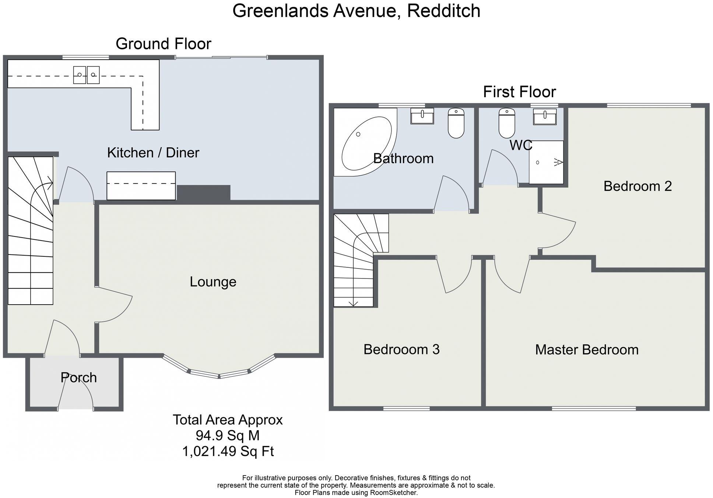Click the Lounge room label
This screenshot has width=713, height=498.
point(213,282)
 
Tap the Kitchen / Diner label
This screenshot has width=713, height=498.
point(153,152)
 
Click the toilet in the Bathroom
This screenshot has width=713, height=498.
point(456,123)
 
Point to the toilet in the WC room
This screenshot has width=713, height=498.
point(507,123)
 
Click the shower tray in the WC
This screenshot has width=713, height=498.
point(546,162)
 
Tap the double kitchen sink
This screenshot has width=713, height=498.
point(86,75)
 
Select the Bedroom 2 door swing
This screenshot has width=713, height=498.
point(558,232)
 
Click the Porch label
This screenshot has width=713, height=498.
point(78,378)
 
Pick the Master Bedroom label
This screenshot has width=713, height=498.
point(587,350)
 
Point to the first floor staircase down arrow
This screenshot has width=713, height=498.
point(353,303)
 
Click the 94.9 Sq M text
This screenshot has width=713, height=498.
point(228,435)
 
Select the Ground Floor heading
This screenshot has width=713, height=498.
point(163,44)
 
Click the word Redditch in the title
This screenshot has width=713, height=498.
point(443,11)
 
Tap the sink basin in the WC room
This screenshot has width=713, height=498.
point(545,116)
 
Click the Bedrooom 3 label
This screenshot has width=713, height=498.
point(401,349)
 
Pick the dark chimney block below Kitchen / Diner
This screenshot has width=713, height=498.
point(204,193)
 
